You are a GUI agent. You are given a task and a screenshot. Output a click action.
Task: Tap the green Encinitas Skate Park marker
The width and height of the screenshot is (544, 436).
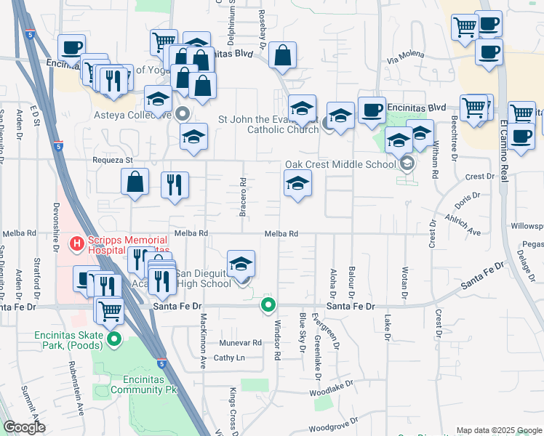[114, 339]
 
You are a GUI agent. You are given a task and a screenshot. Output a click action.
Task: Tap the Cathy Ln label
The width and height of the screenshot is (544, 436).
[229, 358]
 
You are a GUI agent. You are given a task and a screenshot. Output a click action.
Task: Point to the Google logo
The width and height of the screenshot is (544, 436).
[25, 427]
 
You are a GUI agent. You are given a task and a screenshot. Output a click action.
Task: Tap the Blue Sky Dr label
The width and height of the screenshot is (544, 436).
[302, 331]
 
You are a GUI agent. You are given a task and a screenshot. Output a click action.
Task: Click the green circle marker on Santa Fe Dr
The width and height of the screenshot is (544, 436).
[269, 305]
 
